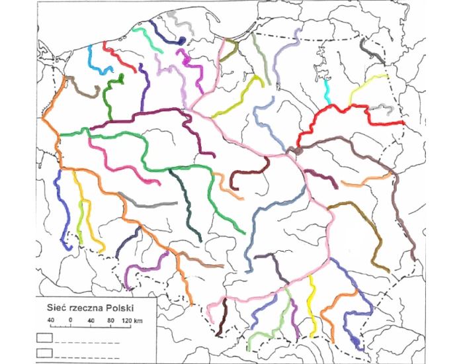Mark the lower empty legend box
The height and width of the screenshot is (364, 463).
click(x=45, y=351)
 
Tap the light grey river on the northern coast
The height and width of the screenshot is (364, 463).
click(x=180, y=21)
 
